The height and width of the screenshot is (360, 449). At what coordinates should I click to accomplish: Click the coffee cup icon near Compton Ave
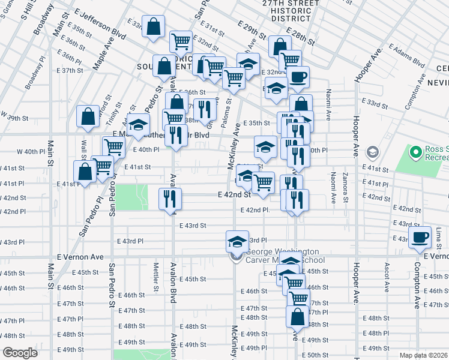pyautogui.click(x=420, y=236)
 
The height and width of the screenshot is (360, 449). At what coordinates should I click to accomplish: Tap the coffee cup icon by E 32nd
pyautogui.click(x=298, y=77)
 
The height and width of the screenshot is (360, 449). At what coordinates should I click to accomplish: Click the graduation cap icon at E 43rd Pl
pyautogui.click(x=237, y=241)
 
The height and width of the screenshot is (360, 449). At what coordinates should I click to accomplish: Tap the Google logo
pyautogui.click(x=19, y=353)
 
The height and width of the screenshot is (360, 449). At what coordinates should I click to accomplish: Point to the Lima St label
pyautogui.click(x=439, y=236)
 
